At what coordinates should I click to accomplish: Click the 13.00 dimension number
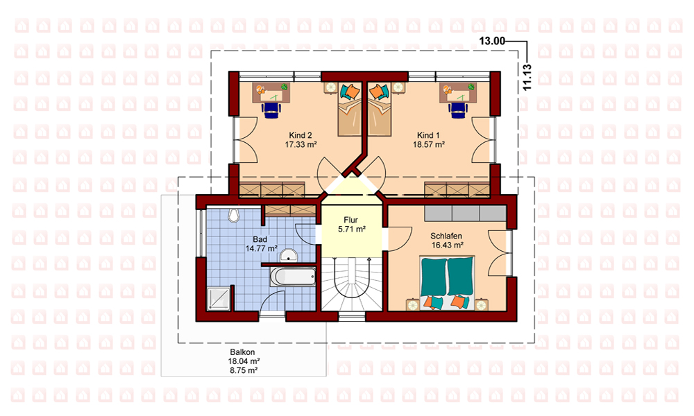click(x=492, y=41)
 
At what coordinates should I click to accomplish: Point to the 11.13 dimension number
click(x=527, y=78)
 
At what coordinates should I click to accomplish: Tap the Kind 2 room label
click(x=301, y=135)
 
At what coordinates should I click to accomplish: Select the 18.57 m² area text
click(x=429, y=145)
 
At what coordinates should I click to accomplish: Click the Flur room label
click(x=350, y=220)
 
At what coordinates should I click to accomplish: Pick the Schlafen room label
click(x=446, y=236)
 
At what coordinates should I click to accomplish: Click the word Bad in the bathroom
click(x=260, y=239)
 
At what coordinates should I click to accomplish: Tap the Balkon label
click(x=242, y=352)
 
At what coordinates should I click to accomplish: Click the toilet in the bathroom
click(x=233, y=216)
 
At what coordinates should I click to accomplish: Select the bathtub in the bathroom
click(x=293, y=277)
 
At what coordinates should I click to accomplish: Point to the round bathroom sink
click(x=289, y=255)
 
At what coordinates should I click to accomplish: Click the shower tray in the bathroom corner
click(x=219, y=298)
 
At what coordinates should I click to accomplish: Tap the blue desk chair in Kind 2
click(x=271, y=110)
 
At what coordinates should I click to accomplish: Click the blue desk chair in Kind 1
click(x=457, y=110)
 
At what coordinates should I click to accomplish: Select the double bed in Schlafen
click(x=447, y=282)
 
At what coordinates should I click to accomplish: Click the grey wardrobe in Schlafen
click(x=465, y=213)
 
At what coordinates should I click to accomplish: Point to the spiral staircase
click(x=351, y=284)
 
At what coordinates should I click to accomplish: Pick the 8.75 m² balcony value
click(x=244, y=370)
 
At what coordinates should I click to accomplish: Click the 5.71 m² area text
click(x=351, y=229)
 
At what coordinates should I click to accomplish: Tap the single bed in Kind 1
click(x=380, y=110)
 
